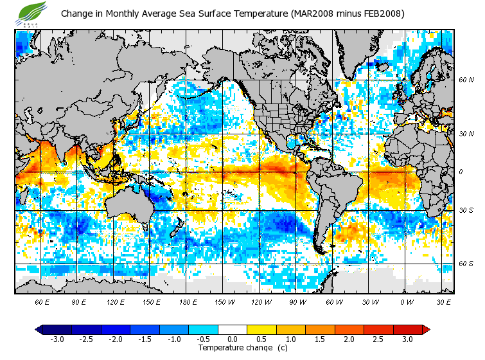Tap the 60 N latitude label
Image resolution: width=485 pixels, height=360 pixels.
[466, 80]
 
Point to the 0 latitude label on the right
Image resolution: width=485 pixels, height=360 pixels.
[461, 172]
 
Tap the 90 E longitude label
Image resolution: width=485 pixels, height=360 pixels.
[78, 301]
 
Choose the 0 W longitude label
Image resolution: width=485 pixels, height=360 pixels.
[406, 301]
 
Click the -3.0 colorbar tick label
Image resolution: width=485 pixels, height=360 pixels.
[57, 339]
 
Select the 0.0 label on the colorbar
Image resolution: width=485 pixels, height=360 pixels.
[233, 339]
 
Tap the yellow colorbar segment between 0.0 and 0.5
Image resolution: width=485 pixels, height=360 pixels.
[247, 330]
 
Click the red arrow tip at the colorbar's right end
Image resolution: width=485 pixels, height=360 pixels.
[426, 330]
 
